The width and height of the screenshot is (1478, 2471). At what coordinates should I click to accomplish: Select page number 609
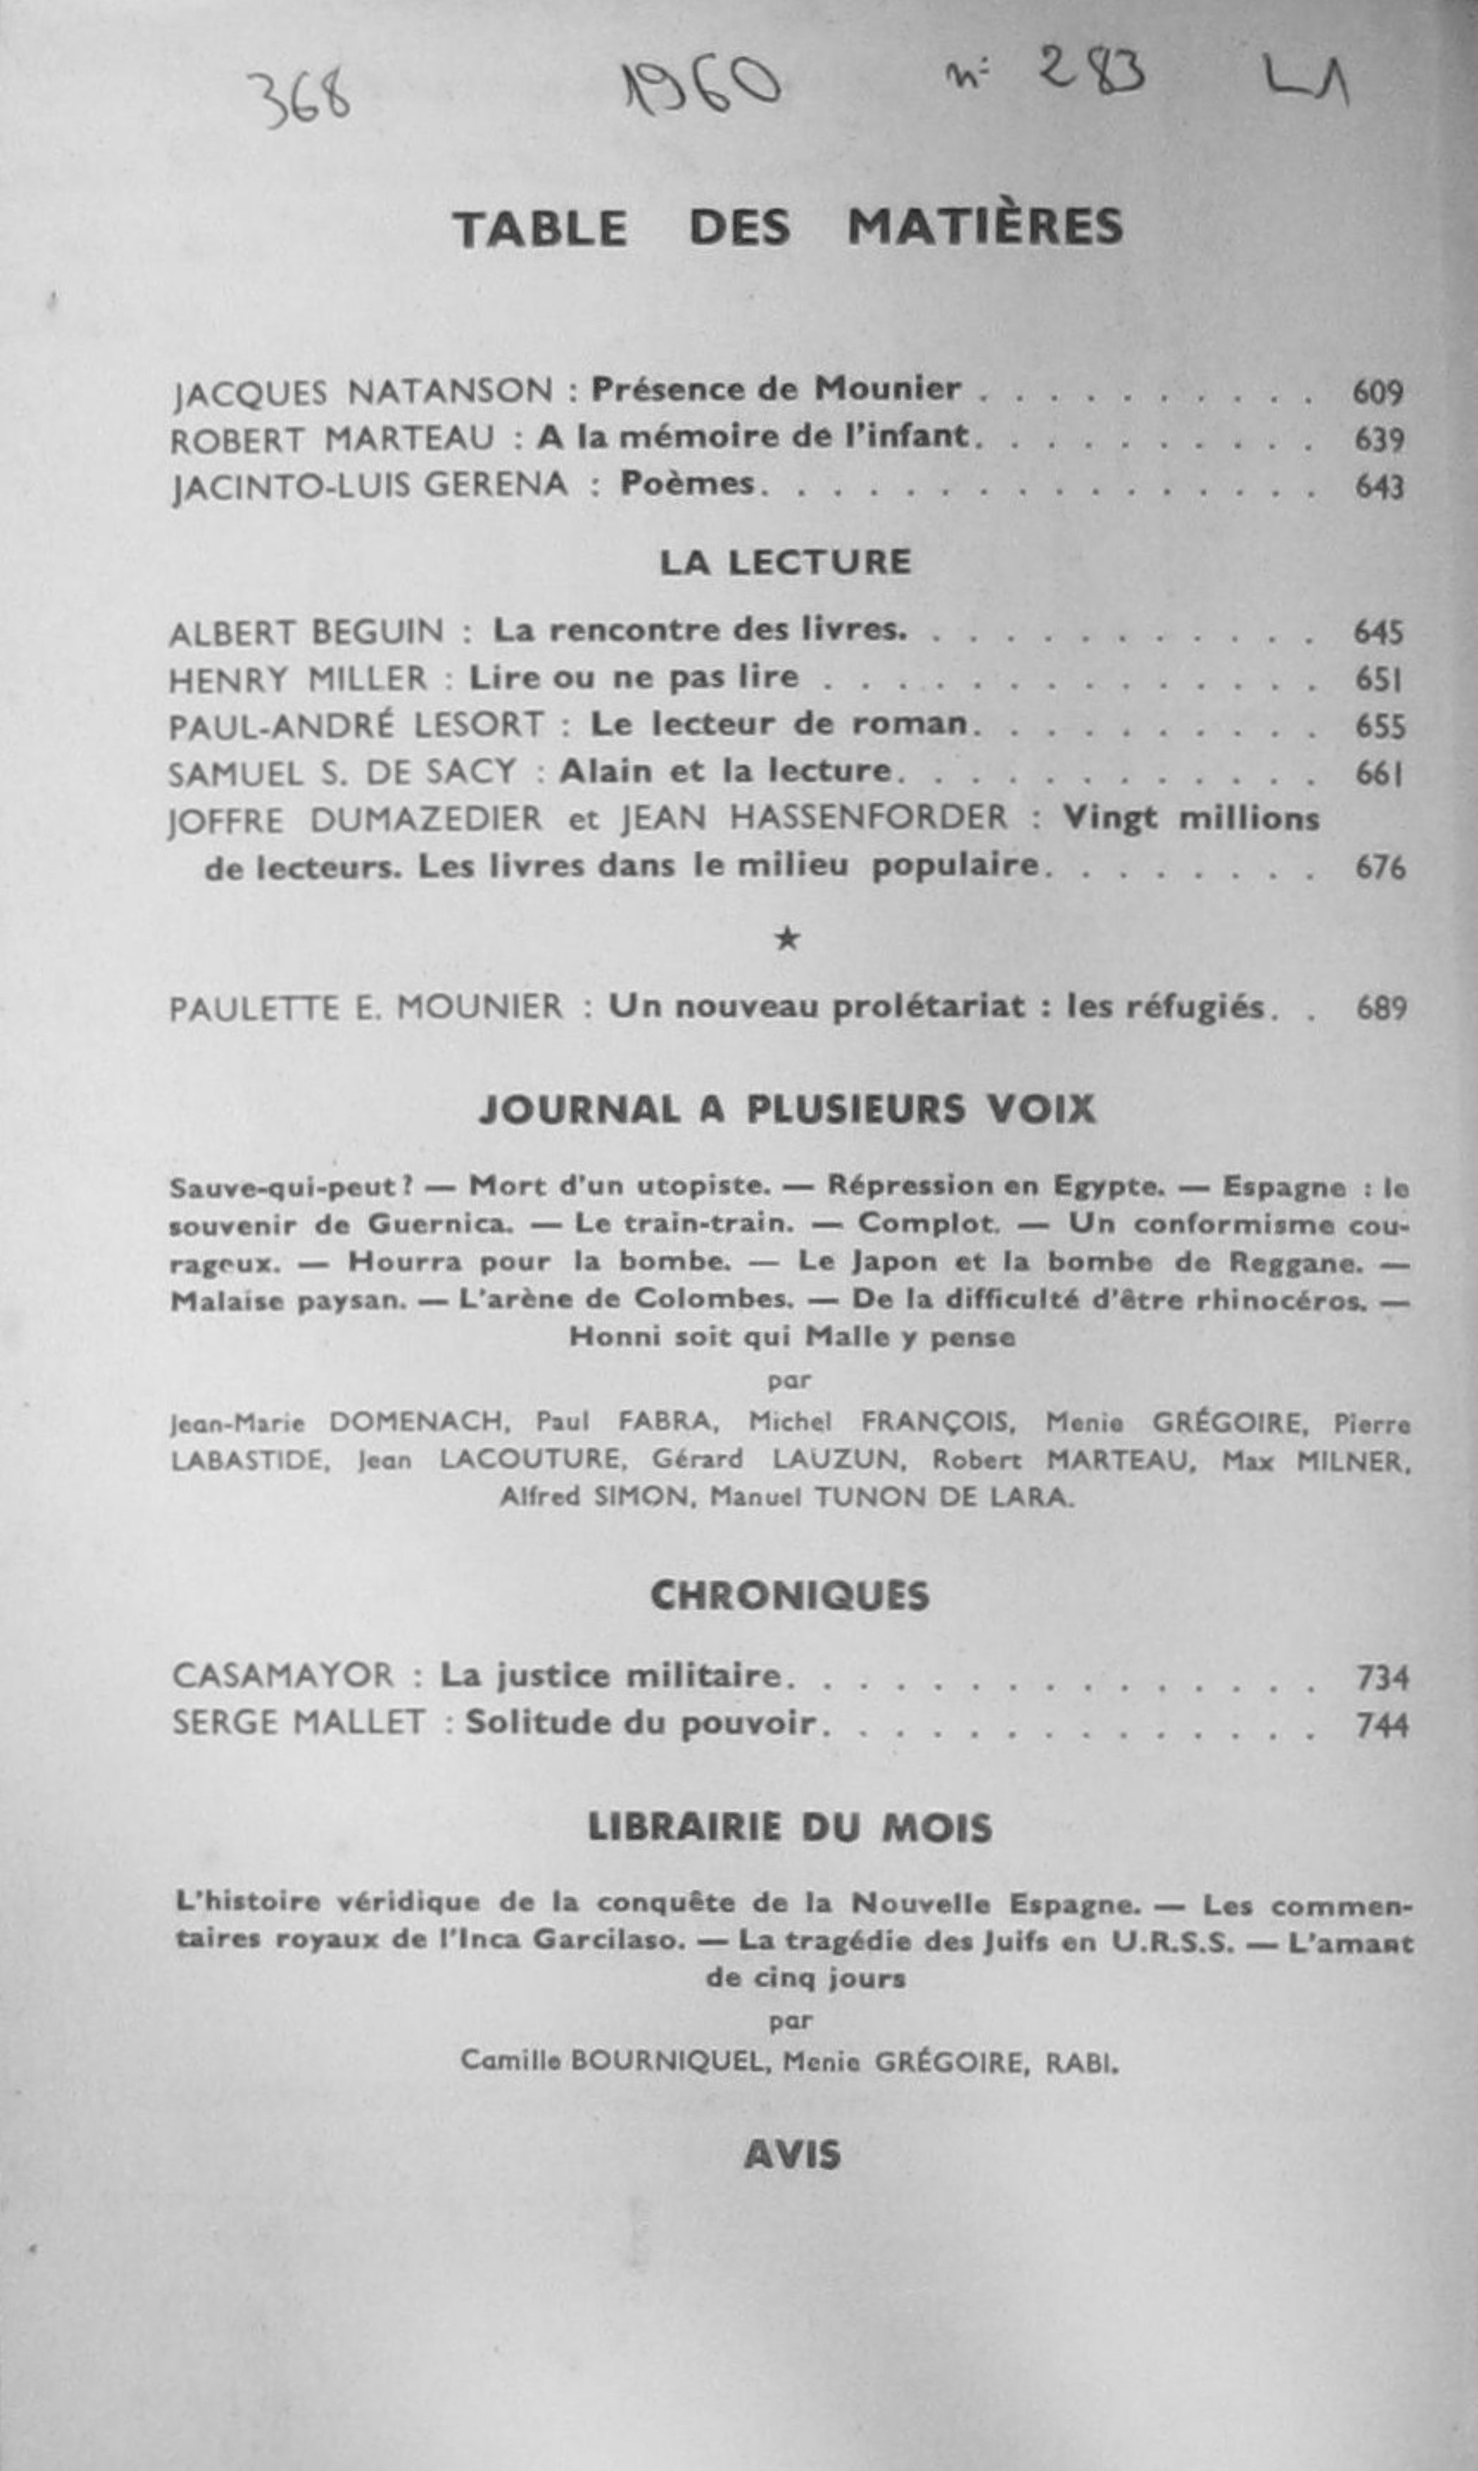(1377, 392)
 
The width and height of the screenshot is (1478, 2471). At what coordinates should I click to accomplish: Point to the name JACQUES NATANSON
(363, 392)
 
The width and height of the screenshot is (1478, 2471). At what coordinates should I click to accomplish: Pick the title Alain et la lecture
(725, 771)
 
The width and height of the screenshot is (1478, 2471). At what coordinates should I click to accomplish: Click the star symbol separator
(787, 938)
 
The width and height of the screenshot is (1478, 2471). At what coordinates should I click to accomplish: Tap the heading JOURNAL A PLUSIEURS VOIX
(787, 1109)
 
